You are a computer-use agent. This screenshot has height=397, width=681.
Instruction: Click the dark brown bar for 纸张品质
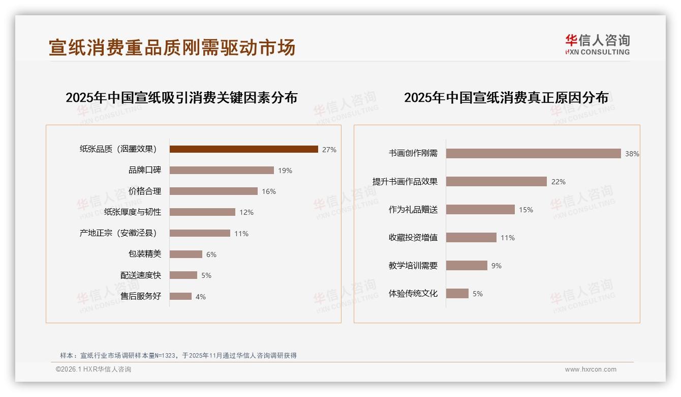243,149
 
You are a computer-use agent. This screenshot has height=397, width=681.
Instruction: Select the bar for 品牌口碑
222,171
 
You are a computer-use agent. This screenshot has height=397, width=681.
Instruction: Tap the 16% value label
269,191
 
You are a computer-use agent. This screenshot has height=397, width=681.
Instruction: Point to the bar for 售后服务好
180,296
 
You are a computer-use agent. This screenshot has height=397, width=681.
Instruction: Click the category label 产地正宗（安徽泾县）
118,233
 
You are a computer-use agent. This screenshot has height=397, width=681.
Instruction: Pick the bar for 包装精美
185,254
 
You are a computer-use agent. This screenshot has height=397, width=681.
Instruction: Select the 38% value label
632,154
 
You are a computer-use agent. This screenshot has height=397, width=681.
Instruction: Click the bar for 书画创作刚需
533,153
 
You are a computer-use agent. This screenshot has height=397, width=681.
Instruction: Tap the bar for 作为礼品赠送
480,209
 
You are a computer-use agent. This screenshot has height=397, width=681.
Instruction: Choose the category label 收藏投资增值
413,237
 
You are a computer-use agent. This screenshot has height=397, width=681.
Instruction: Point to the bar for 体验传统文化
457,293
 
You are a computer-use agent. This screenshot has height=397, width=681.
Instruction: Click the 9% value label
496,266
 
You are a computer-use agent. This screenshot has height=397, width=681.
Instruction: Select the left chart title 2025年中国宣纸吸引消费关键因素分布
181,97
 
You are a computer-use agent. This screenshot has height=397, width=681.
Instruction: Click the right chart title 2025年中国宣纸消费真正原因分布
506,97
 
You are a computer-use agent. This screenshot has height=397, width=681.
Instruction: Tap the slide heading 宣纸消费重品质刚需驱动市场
172,47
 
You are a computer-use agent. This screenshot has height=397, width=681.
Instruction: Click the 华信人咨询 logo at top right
597,44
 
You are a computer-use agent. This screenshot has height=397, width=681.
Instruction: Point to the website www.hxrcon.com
591,370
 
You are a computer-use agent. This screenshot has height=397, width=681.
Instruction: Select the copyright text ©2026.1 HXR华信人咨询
94,370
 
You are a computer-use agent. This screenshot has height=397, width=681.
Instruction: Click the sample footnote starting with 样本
178,355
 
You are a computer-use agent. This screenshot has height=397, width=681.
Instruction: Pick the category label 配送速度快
140,275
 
